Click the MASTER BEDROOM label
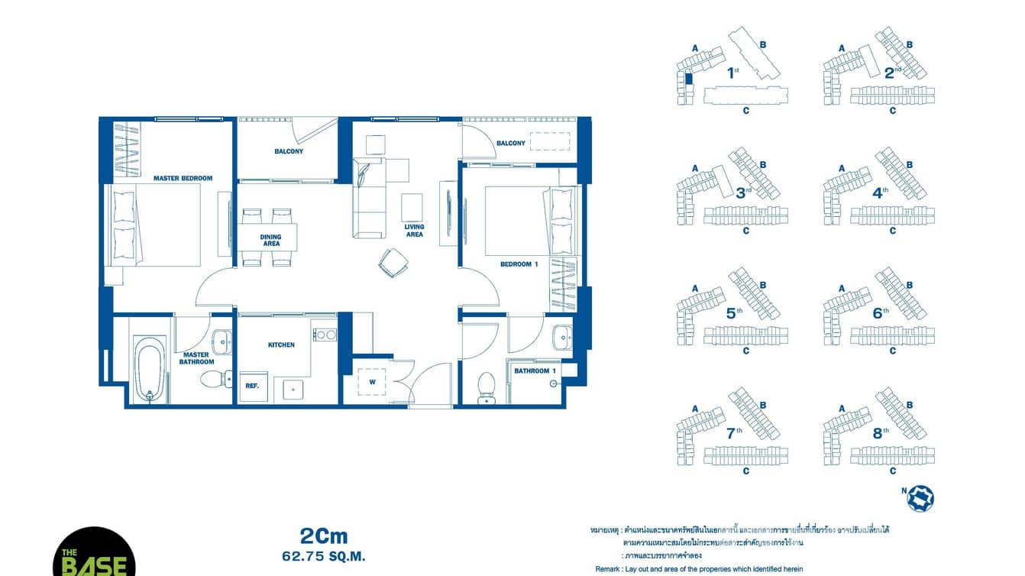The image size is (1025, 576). (x=183, y=178)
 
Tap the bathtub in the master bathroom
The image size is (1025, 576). (x=149, y=369)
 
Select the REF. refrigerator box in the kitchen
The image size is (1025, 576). (x=251, y=387)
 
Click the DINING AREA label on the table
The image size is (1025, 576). (x=270, y=241)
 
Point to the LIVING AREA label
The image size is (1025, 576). (x=414, y=231)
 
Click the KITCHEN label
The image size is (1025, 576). (x=281, y=345)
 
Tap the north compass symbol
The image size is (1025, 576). (x=920, y=497)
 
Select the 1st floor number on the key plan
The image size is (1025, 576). (x=733, y=73)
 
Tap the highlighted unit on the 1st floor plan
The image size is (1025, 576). (x=688, y=78)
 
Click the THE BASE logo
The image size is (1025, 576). (x=94, y=554)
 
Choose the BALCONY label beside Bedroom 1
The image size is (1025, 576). (x=511, y=143)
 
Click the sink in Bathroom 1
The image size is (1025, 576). (x=563, y=337)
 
